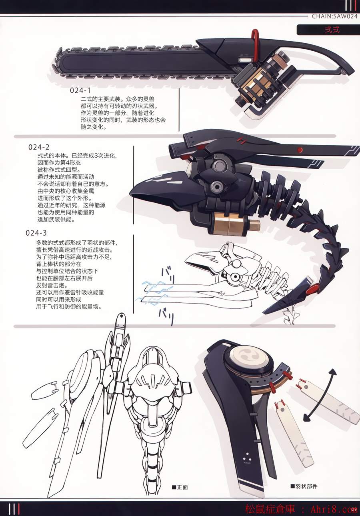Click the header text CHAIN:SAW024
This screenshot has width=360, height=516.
pyautogui.click(x=334, y=16)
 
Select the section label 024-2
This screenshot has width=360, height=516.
pyautogui.click(x=39, y=147)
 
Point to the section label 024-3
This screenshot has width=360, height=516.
pyautogui.click(x=36, y=233)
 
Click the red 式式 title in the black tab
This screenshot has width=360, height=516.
pyautogui.click(x=332, y=30)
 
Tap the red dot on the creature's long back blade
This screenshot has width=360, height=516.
pyautogui.click(x=300, y=150)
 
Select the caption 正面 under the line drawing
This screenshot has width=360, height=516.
pyautogui.click(x=180, y=487)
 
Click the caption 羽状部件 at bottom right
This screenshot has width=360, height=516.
pyautogui.click(x=304, y=486)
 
